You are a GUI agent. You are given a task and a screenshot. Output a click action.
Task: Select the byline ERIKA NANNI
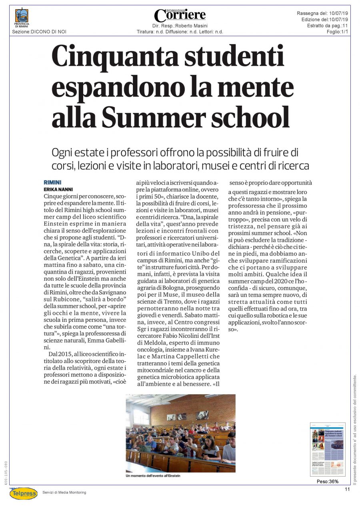58,189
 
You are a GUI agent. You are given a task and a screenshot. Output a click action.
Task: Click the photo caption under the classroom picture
155,476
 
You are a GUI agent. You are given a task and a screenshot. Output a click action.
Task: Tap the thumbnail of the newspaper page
327,449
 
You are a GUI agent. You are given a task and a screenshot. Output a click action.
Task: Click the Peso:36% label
327,481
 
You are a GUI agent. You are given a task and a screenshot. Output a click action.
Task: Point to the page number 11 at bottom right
347,489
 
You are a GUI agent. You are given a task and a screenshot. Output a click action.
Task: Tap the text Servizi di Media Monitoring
64,492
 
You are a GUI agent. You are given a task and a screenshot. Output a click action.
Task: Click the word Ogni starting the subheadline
63,153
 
